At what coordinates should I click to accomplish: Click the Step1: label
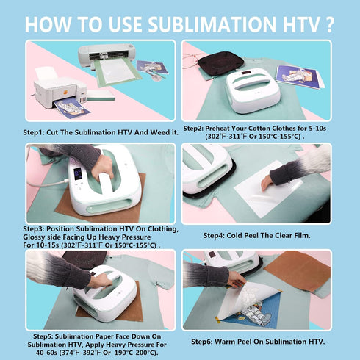[x=38, y=132]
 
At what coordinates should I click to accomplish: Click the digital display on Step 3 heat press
[x=77, y=174]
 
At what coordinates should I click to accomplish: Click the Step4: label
[x=216, y=236]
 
